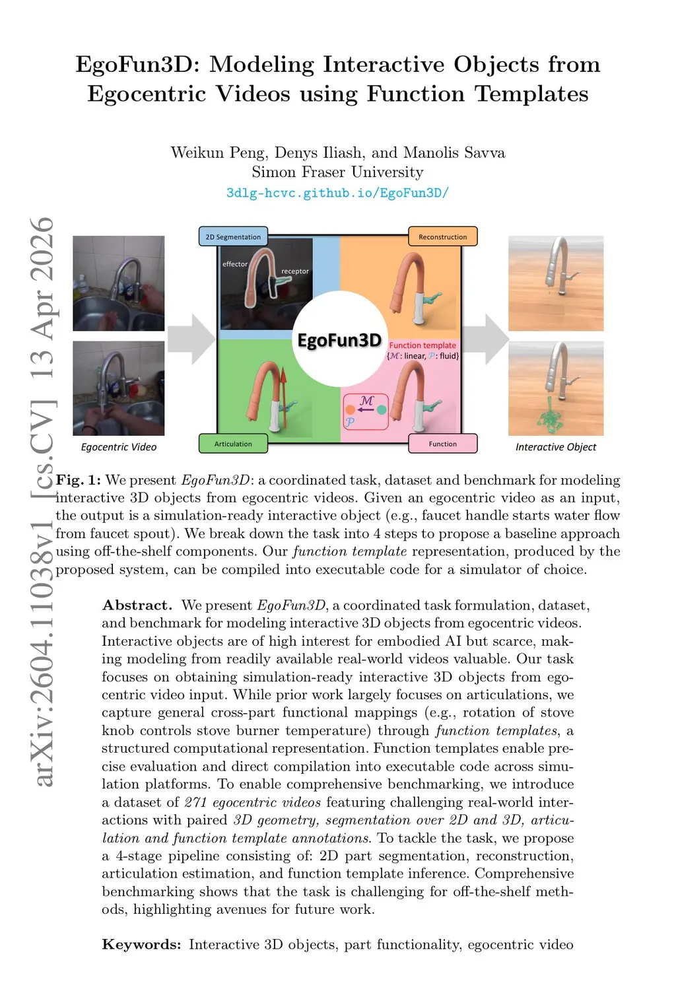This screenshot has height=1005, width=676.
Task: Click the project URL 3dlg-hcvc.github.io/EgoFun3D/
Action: [337, 193]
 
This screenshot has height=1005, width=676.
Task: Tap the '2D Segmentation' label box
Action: [233, 236]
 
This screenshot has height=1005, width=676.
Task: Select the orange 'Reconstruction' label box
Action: [442, 236]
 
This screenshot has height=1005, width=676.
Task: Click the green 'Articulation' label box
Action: [233, 444]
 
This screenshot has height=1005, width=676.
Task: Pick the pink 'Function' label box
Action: [442, 444]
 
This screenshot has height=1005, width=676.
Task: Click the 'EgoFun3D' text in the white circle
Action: [339, 340]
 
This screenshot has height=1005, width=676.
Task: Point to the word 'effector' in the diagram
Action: [235, 264]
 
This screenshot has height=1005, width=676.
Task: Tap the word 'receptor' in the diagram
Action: [295, 271]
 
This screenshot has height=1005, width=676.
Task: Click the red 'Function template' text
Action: [422, 345]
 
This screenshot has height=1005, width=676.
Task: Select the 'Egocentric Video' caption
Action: [119, 447]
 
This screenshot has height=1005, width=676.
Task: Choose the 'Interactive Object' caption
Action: [556, 447]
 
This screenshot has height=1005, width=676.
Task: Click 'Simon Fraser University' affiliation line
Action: [337, 172]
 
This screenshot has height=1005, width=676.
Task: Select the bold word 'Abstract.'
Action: [137, 605]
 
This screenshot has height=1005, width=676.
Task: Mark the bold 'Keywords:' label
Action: [141, 944]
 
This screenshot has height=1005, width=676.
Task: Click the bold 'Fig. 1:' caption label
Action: [79, 480]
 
